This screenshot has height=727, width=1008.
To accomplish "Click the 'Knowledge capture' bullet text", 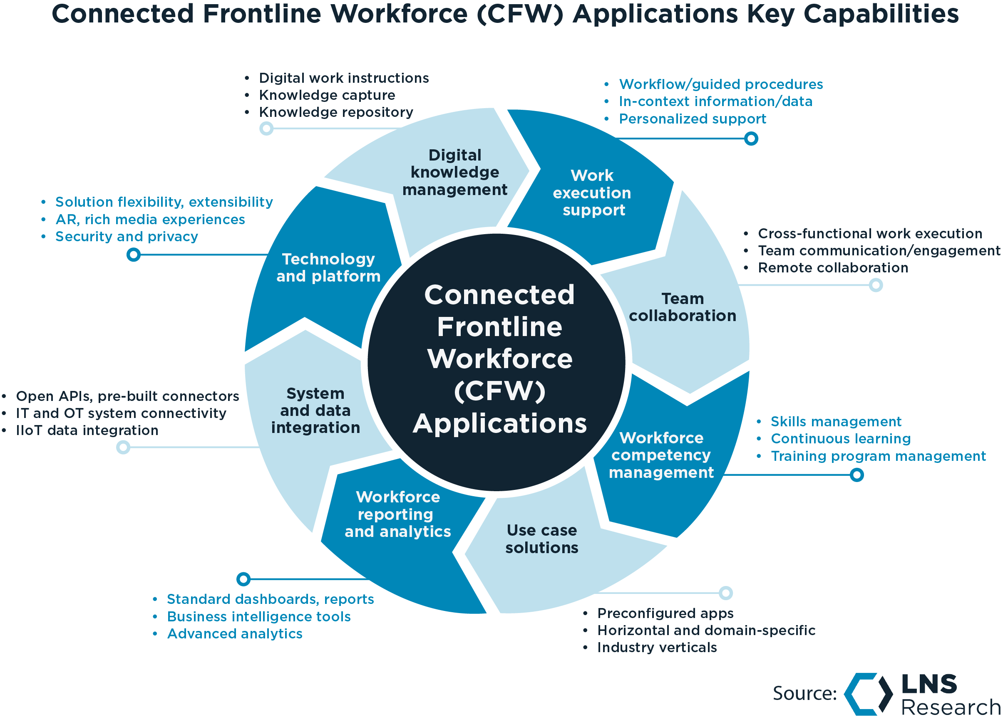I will (x=327, y=95).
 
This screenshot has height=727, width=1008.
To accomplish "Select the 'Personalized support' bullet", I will (x=692, y=119).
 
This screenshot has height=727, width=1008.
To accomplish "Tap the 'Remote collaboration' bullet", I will (x=832, y=268).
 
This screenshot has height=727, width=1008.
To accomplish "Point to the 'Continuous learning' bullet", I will (x=840, y=439).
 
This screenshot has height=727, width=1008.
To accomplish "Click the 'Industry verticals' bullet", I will (x=656, y=648).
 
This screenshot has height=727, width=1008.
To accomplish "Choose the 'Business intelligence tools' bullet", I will (x=259, y=617).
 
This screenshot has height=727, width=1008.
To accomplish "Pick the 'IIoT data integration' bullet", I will (x=87, y=430).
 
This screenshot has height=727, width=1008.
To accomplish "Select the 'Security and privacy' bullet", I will (x=127, y=237).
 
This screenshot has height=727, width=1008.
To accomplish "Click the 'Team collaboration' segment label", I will (x=682, y=307).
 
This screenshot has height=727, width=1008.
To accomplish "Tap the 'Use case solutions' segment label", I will (x=541, y=539).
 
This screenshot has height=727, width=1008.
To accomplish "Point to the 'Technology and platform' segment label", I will (x=328, y=267).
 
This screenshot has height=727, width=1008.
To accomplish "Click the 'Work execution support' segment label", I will (x=592, y=193).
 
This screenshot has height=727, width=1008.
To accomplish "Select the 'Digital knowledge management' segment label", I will (x=454, y=172).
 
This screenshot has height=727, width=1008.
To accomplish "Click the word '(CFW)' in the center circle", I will (x=499, y=391).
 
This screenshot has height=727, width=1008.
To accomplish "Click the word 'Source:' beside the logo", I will (x=804, y=694).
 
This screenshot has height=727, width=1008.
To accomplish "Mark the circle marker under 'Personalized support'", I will (x=751, y=138).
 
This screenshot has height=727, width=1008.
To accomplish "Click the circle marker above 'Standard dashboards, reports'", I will (x=243, y=579).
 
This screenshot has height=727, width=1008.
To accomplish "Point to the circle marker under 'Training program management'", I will (x=857, y=475).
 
